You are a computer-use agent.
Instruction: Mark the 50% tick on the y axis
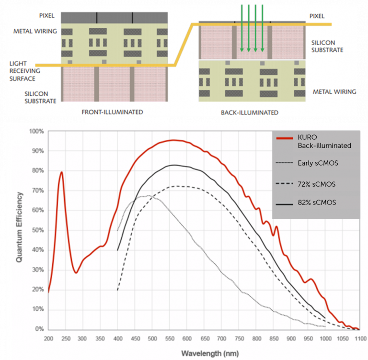tap(37, 230)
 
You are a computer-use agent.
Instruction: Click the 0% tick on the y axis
tap(39, 329)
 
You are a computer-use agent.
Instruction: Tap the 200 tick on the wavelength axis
tap(48, 339)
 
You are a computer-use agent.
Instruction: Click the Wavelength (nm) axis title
tap(204, 354)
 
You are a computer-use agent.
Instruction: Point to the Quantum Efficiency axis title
tap(20, 227)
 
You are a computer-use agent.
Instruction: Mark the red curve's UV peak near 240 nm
tap(62, 172)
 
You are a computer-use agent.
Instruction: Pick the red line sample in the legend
tap(284, 138)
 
